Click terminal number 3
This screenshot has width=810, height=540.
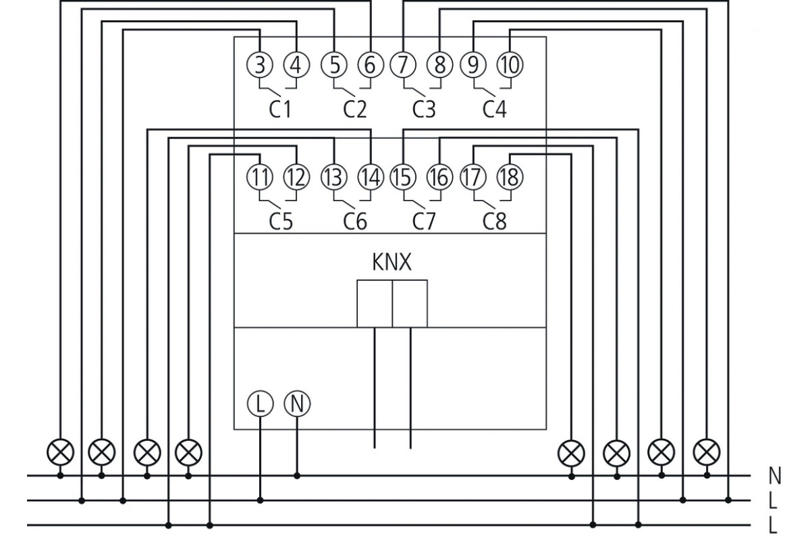[260, 65]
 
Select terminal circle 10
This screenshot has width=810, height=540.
[510, 65]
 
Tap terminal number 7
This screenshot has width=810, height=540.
[403, 65]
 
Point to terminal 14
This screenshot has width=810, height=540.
[371, 178]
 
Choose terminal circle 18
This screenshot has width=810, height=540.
[510, 178]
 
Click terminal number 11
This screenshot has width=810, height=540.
[260, 178]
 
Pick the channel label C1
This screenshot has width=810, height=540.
[280, 109]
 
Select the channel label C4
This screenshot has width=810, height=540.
[495, 109]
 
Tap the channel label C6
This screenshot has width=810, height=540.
[355, 221]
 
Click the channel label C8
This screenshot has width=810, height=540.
[495, 221]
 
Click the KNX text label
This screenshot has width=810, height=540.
[392, 263]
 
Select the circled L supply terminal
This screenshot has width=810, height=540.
[260, 404]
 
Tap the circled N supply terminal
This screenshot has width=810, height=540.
[297, 404]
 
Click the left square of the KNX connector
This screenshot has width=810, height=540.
[375, 304]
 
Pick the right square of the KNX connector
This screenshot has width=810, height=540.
[410, 304]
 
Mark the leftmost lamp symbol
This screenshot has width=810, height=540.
[60, 452]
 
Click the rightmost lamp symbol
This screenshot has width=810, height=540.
[707, 452]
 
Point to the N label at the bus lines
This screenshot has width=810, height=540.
[775, 476]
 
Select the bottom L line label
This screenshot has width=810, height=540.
[773, 526]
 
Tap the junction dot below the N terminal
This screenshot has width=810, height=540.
[297, 476]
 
